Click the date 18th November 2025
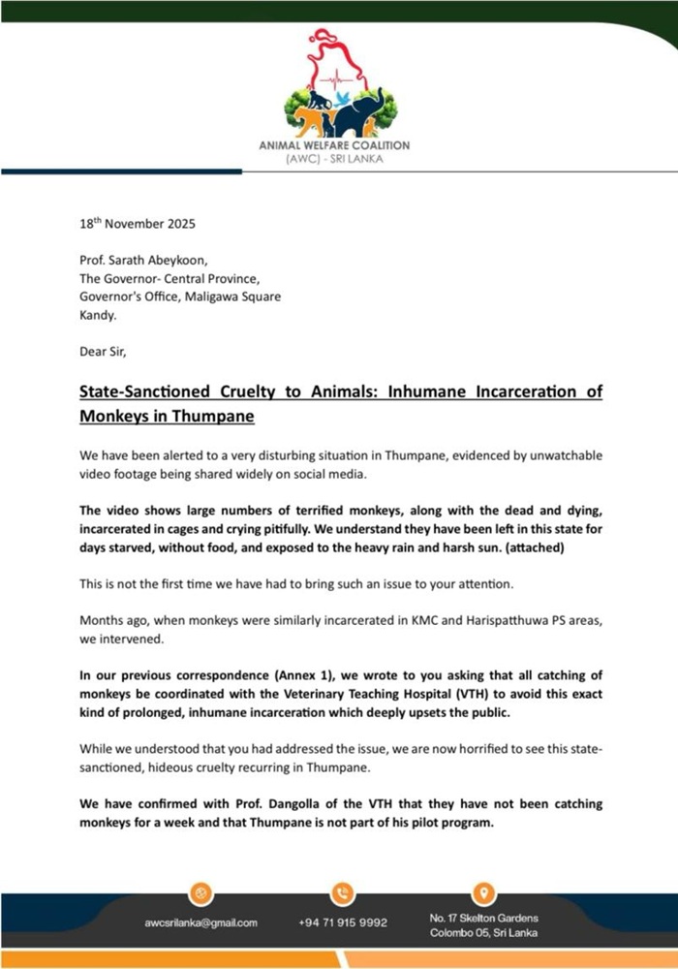138,224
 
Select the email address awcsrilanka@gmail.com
200,922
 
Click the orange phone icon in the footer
342,892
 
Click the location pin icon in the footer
484,892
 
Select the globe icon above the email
201,892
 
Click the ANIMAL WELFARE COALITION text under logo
334,145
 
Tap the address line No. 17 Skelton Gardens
483,917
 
